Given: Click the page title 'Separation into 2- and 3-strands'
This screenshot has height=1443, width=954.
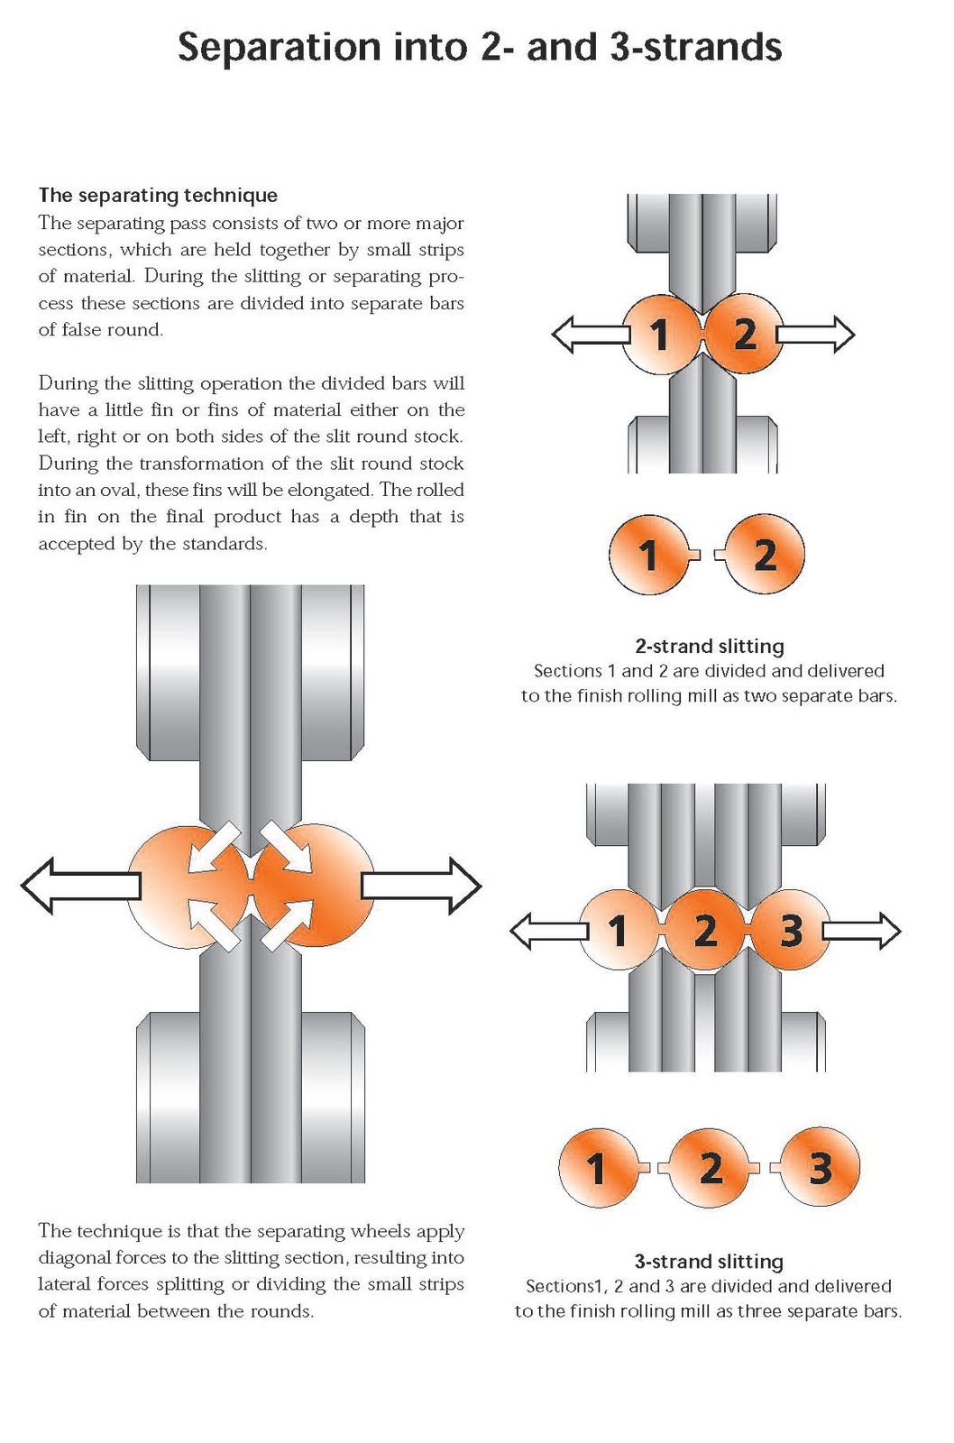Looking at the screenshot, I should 479,47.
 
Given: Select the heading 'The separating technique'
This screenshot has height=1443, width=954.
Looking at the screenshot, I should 158,195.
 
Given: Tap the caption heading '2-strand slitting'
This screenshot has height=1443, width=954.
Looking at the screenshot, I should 709,646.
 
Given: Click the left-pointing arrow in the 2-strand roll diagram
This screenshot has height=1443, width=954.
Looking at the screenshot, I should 588,335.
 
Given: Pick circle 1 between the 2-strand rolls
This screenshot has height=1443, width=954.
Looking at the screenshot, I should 660,335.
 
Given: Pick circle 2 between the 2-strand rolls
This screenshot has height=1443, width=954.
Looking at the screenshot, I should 745,335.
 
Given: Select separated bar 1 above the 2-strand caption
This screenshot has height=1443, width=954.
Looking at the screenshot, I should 648,555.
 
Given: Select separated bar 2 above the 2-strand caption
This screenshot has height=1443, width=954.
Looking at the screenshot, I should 764,555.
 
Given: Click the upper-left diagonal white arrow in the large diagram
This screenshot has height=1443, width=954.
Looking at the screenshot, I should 215,846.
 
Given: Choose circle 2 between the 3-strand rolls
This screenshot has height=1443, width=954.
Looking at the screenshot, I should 706,930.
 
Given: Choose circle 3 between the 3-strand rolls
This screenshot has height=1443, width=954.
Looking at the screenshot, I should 791,930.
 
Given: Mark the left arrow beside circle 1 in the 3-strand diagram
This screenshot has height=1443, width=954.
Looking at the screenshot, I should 546,931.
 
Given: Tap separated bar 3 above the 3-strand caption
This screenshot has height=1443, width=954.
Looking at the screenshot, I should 819,1169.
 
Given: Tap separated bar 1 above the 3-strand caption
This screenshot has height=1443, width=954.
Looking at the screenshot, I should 597,1169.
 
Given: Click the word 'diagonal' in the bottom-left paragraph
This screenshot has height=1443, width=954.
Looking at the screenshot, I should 77,1257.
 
